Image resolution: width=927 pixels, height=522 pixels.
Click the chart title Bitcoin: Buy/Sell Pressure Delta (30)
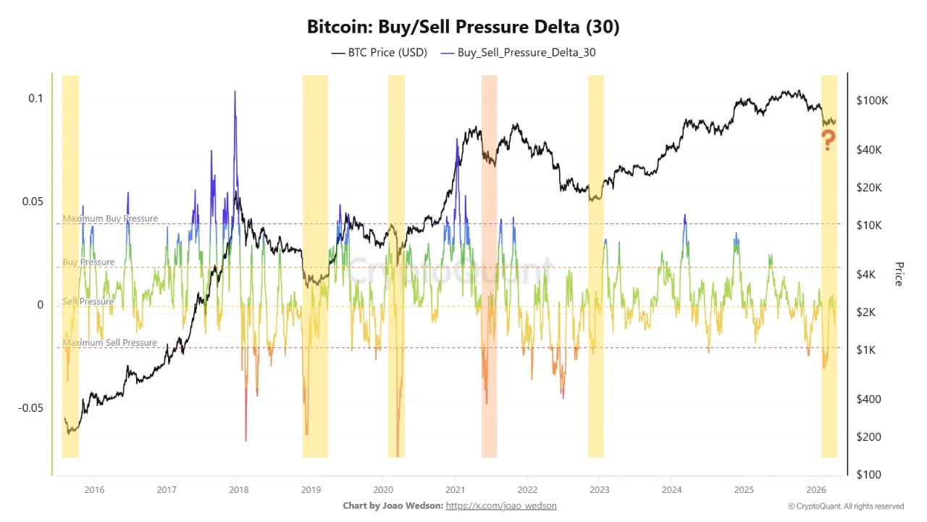463,27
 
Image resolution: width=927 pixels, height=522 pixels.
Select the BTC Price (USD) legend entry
379,52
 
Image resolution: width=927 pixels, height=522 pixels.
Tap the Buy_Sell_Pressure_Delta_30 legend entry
518,52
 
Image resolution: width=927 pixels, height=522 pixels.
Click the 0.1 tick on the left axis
36,98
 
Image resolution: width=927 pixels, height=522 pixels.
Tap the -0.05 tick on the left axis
30,407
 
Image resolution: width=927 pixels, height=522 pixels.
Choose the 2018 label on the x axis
238,489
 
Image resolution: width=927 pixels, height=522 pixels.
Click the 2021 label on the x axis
455,489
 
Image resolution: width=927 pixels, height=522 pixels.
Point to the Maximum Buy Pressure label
110,218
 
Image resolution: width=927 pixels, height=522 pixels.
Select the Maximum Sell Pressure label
110,342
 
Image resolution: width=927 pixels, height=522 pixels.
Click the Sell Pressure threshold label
88,301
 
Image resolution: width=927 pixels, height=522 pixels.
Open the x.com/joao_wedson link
501,505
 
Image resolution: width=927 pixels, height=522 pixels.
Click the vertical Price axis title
898,274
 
